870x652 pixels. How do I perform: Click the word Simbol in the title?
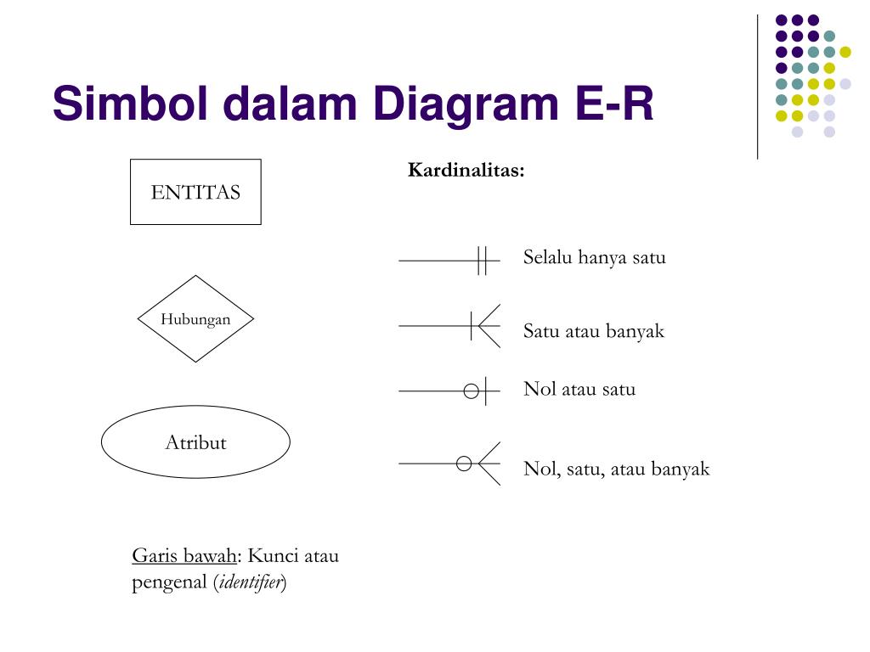(x=125, y=105)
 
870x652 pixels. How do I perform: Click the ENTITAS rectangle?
(x=195, y=192)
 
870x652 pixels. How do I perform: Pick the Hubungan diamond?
(x=195, y=319)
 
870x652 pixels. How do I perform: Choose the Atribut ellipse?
(x=195, y=442)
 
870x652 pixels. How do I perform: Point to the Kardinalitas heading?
(x=466, y=171)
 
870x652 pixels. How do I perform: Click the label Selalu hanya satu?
(x=594, y=257)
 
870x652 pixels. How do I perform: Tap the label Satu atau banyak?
(x=593, y=331)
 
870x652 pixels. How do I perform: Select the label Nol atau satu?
(x=579, y=390)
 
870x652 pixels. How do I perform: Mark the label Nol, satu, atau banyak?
(x=616, y=469)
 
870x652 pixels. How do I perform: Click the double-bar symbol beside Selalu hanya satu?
(x=482, y=261)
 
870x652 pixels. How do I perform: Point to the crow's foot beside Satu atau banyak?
(x=486, y=326)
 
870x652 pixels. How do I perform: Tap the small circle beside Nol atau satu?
(x=471, y=391)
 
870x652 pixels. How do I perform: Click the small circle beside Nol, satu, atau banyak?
(x=464, y=464)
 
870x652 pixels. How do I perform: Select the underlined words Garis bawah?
(x=184, y=556)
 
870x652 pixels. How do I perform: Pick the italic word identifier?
(x=251, y=583)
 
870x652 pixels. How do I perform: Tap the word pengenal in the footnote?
(x=171, y=583)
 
